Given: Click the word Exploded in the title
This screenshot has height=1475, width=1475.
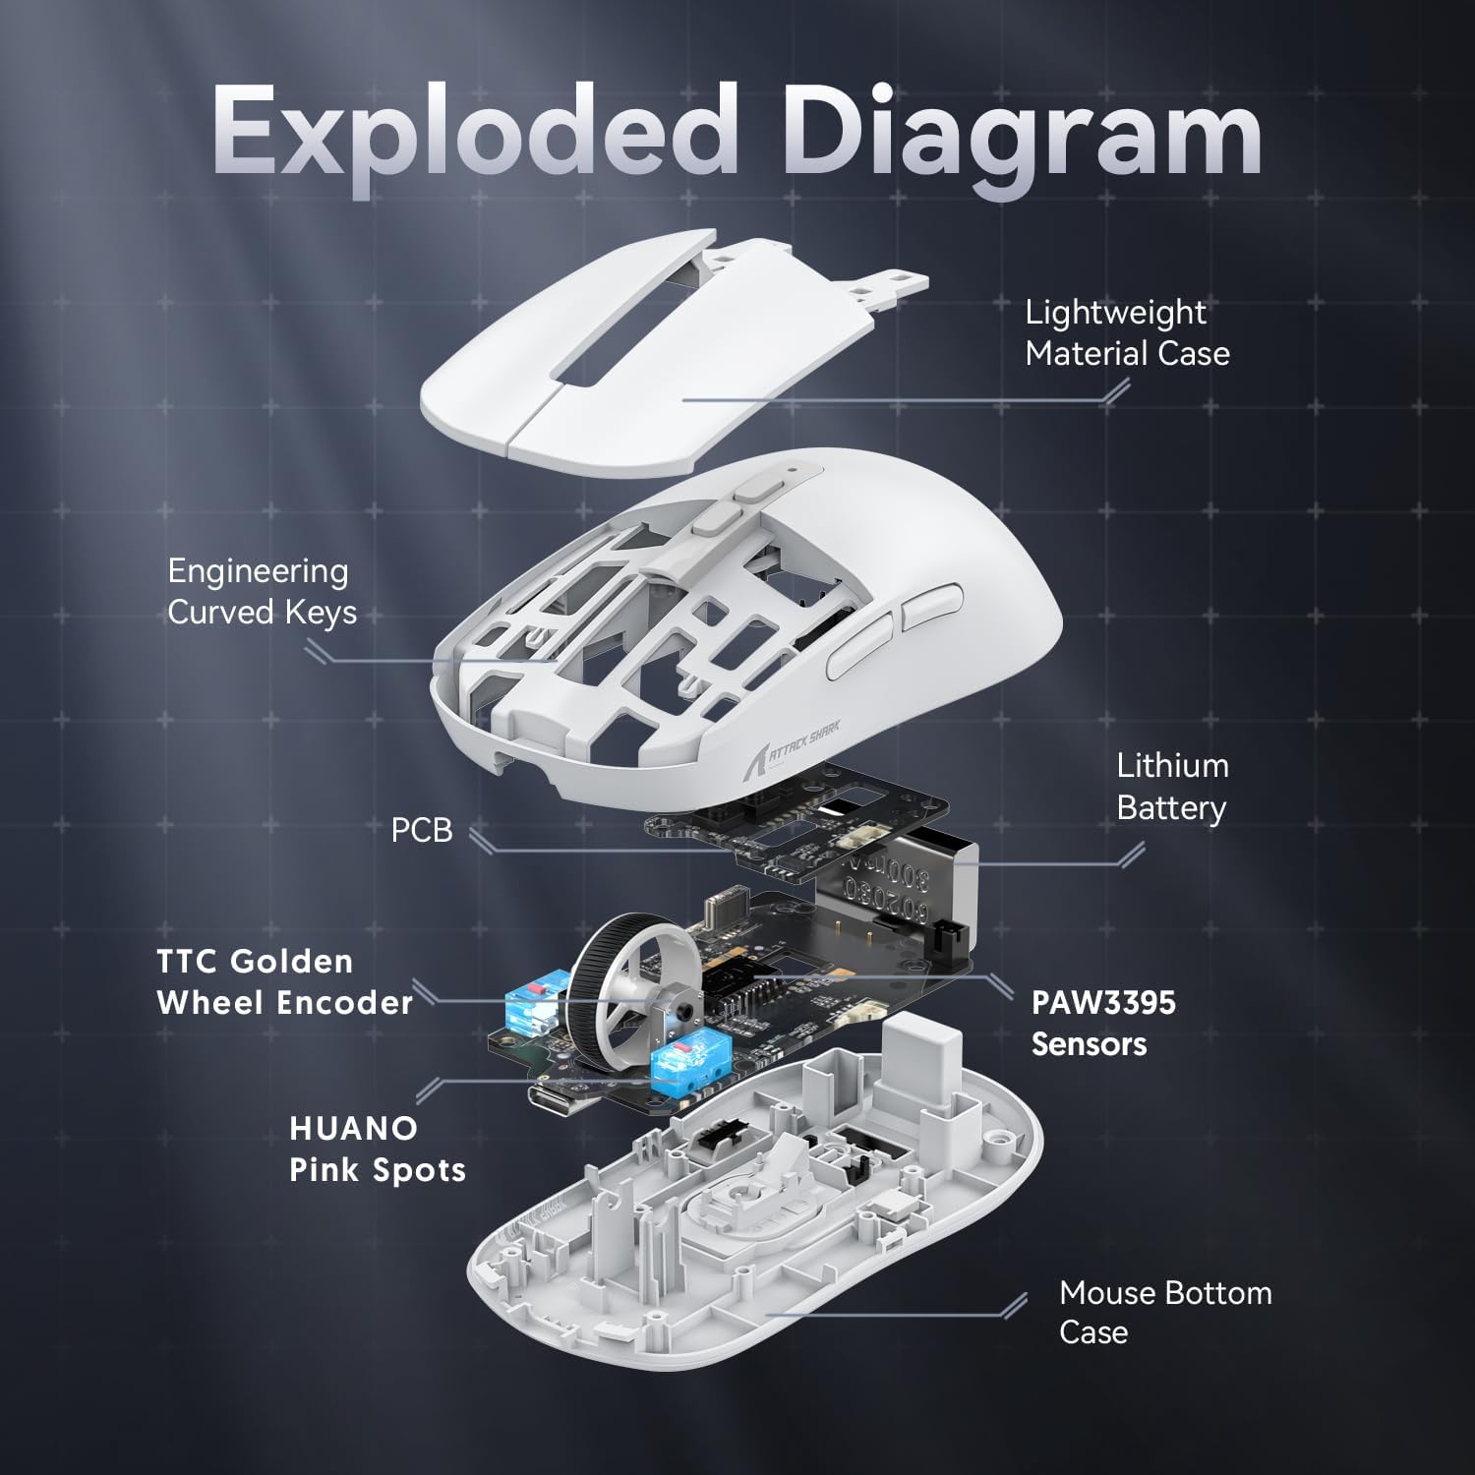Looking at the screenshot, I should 472,133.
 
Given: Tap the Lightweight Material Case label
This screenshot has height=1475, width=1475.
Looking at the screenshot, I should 1127,332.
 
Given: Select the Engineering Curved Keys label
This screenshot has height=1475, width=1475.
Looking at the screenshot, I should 261,591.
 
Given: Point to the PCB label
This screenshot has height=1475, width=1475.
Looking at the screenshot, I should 422,830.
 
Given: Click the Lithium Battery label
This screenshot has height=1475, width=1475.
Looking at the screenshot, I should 1172,787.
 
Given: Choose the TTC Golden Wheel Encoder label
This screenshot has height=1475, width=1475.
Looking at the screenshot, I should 284,981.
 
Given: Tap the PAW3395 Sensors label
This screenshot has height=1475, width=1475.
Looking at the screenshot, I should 1102,1023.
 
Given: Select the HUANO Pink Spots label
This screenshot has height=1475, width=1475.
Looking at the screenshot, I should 377,1149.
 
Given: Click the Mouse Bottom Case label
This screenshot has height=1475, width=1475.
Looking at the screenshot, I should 1164,1312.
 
